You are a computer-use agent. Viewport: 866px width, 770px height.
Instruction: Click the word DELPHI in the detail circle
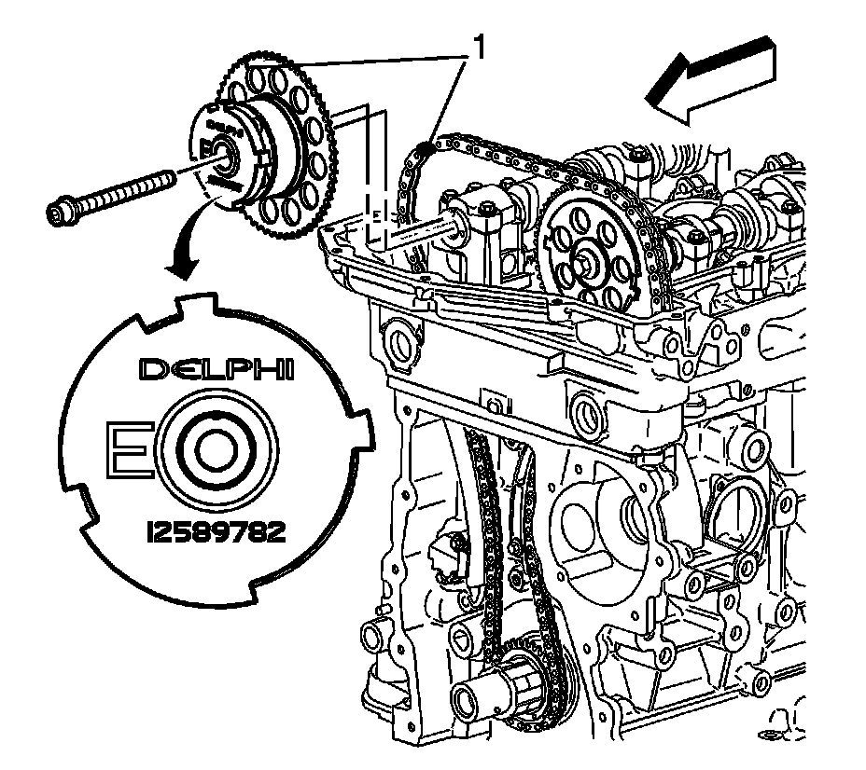[216, 370]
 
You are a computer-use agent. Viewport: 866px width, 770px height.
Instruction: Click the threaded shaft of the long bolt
[131, 190]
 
